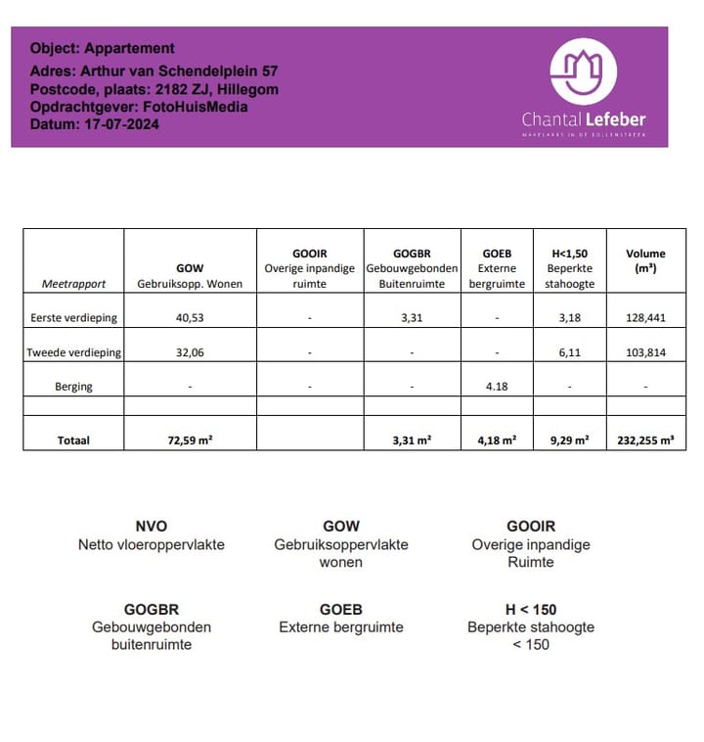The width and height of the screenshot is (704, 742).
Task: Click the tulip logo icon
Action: point(584,71)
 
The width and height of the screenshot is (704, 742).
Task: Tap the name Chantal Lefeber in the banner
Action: point(584,119)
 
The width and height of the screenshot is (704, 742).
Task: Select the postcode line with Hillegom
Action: point(154,89)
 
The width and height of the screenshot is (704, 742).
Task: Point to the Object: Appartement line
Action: point(103,48)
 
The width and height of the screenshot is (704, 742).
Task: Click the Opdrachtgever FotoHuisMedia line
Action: point(139,107)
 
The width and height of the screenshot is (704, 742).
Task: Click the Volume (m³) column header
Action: point(644,260)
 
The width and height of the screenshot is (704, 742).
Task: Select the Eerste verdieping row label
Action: point(74,317)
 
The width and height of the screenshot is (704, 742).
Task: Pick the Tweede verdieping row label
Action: point(74,352)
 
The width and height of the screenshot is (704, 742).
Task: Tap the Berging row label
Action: point(74,387)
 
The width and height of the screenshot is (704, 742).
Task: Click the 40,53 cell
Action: point(190,317)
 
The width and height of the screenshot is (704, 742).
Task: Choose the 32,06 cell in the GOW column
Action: point(190,352)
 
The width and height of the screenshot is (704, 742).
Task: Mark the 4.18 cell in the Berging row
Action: point(497,387)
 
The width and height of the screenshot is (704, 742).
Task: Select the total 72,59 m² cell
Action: point(190,441)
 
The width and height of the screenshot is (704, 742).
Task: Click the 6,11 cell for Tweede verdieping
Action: point(569,352)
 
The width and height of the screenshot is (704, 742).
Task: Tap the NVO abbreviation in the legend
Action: point(151,527)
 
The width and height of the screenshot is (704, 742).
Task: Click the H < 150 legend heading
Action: point(530,610)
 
